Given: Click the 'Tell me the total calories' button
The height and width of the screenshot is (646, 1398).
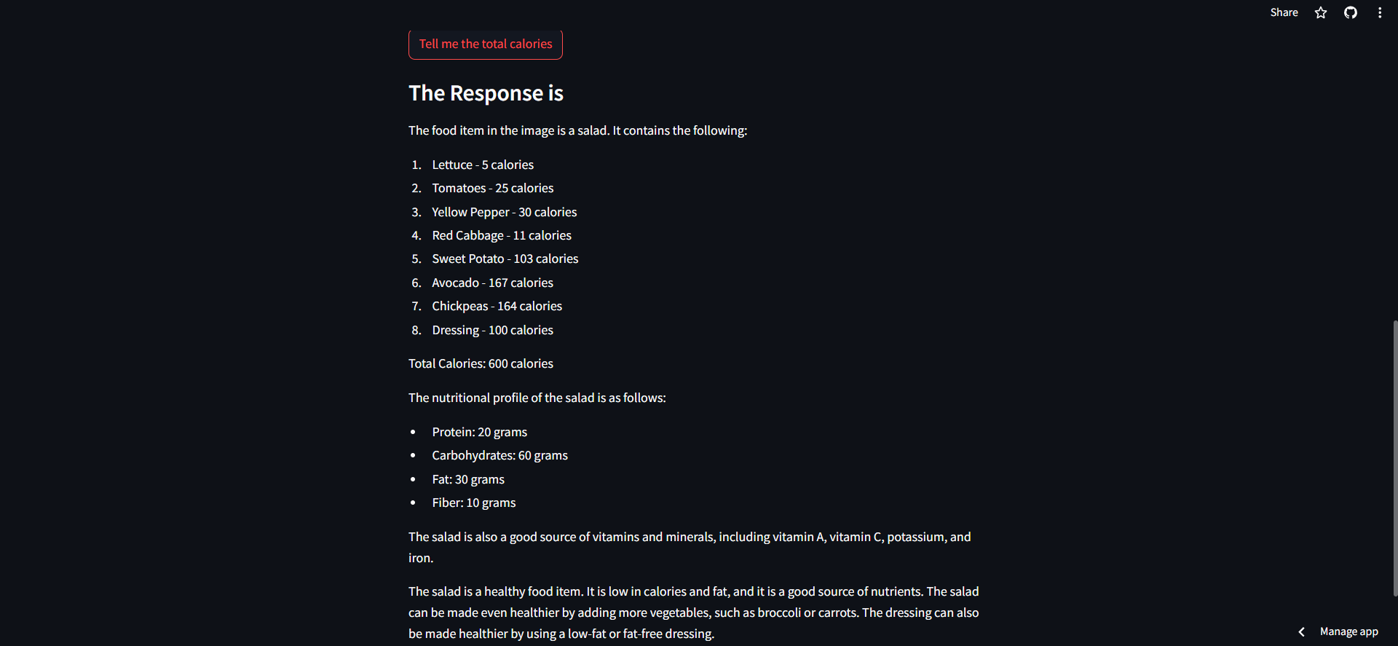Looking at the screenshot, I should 486,44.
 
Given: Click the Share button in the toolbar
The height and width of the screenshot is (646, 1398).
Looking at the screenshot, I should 1284,12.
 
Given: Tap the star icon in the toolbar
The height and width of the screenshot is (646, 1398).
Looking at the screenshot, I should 1321,12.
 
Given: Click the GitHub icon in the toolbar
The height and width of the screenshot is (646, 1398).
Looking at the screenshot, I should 1351,12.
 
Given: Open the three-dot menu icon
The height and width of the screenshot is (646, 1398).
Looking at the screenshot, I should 1380,12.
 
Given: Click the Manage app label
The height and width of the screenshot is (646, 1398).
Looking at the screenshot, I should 1348,631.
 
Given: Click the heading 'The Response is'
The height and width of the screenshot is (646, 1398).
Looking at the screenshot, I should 486,93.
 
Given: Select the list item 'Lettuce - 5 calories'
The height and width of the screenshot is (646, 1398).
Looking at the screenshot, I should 483,165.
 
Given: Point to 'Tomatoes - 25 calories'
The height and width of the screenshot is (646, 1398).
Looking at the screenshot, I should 492,188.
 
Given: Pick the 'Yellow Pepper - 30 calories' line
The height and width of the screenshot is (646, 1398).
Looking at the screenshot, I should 504,212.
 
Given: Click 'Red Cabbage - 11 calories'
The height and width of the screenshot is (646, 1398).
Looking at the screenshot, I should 502,235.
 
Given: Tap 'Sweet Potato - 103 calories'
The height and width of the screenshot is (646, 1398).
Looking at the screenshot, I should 505,259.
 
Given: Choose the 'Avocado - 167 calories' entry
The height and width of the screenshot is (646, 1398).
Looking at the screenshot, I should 492,283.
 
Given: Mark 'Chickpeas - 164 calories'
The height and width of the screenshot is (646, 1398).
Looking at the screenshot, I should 497,306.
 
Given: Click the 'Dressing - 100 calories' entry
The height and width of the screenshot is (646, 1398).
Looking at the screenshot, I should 492,330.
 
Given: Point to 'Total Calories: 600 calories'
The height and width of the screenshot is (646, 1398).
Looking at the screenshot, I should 481,363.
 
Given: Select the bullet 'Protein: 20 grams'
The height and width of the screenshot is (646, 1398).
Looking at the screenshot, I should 479,432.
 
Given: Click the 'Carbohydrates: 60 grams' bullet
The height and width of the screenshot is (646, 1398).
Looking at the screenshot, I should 499,455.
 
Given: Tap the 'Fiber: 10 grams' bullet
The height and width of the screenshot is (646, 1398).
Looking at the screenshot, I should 473,503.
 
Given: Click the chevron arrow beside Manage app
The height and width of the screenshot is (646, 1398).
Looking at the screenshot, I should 1301,631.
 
